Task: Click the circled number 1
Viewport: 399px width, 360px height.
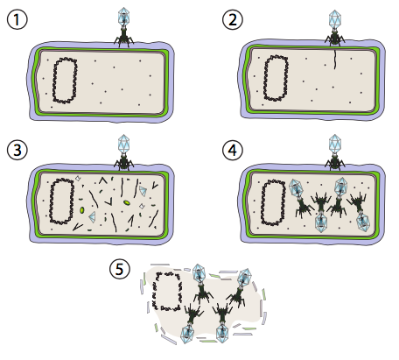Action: [17, 20]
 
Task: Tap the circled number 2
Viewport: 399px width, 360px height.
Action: [233, 20]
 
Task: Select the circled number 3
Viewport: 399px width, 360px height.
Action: [17, 150]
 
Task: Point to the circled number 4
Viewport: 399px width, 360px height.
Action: [233, 150]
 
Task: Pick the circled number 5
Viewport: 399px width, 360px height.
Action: [120, 269]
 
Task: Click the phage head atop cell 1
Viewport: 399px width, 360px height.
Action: [123, 15]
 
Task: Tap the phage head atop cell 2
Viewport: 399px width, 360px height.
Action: [335, 18]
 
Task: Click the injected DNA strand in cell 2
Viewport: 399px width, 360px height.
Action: [335, 60]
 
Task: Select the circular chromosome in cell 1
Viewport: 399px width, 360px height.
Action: [65, 81]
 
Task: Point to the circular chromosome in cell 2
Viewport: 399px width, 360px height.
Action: [276, 78]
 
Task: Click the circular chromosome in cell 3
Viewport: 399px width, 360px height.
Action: [61, 201]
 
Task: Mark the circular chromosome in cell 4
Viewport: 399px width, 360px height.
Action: [273, 202]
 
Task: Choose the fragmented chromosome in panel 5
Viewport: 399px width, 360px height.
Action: [166, 291]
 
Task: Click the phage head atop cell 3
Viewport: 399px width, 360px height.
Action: [123, 143]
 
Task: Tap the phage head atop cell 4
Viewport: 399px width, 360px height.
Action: [335, 143]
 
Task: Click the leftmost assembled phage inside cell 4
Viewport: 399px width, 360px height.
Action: [300, 198]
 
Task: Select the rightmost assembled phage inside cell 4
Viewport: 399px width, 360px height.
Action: [360, 211]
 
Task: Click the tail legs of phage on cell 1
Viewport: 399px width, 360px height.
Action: [123, 40]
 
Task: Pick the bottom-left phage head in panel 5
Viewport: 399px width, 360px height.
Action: [187, 335]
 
